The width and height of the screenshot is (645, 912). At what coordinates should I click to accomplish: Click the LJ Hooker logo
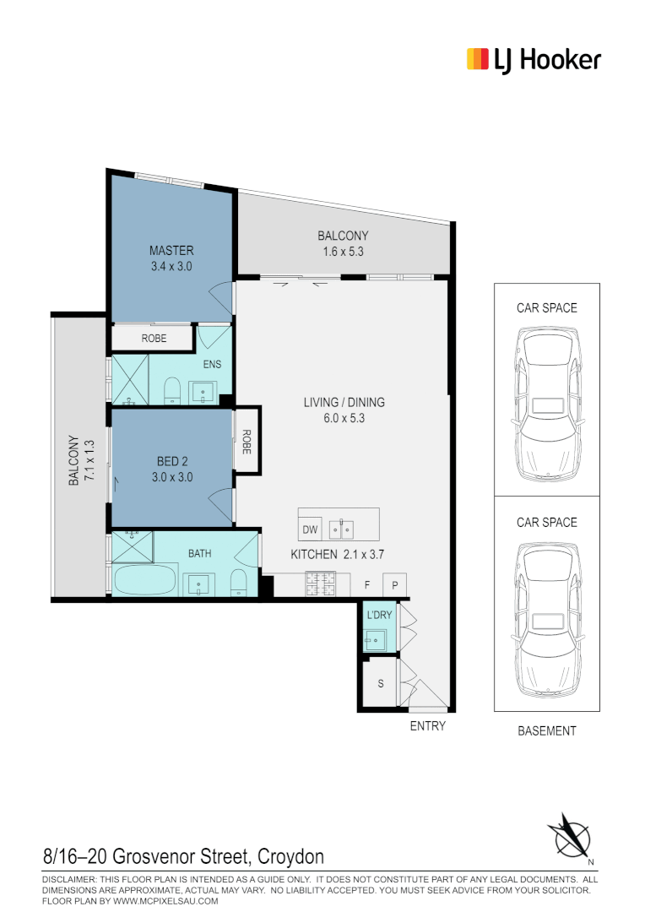click(534, 60)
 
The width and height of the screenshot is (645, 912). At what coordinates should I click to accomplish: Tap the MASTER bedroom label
click(171, 251)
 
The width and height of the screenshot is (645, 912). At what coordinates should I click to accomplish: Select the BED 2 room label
click(172, 461)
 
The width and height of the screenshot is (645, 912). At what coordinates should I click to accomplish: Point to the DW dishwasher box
click(309, 530)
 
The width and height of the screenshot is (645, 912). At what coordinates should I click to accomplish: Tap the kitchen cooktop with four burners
click(321, 583)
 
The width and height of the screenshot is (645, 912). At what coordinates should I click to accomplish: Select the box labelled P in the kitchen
click(395, 584)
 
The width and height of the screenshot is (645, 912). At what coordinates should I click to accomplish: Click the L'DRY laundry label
click(379, 615)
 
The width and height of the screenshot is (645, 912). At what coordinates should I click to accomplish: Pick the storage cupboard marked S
click(380, 683)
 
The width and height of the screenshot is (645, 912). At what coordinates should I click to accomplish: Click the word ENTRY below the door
click(427, 726)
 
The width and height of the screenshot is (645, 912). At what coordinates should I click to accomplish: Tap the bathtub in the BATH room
click(144, 582)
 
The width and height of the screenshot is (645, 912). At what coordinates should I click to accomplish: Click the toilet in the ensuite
click(173, 391)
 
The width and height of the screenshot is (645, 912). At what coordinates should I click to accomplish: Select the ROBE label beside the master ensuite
click(154, 339)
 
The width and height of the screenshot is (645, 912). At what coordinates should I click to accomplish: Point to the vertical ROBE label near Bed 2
click(247, 442)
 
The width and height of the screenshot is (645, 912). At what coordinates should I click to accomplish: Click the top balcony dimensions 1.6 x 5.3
click(343, 252)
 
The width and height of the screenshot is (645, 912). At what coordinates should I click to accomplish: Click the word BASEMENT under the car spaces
click(547, 731)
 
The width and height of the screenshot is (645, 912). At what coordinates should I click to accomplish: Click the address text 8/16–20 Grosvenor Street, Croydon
click(183, 857)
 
